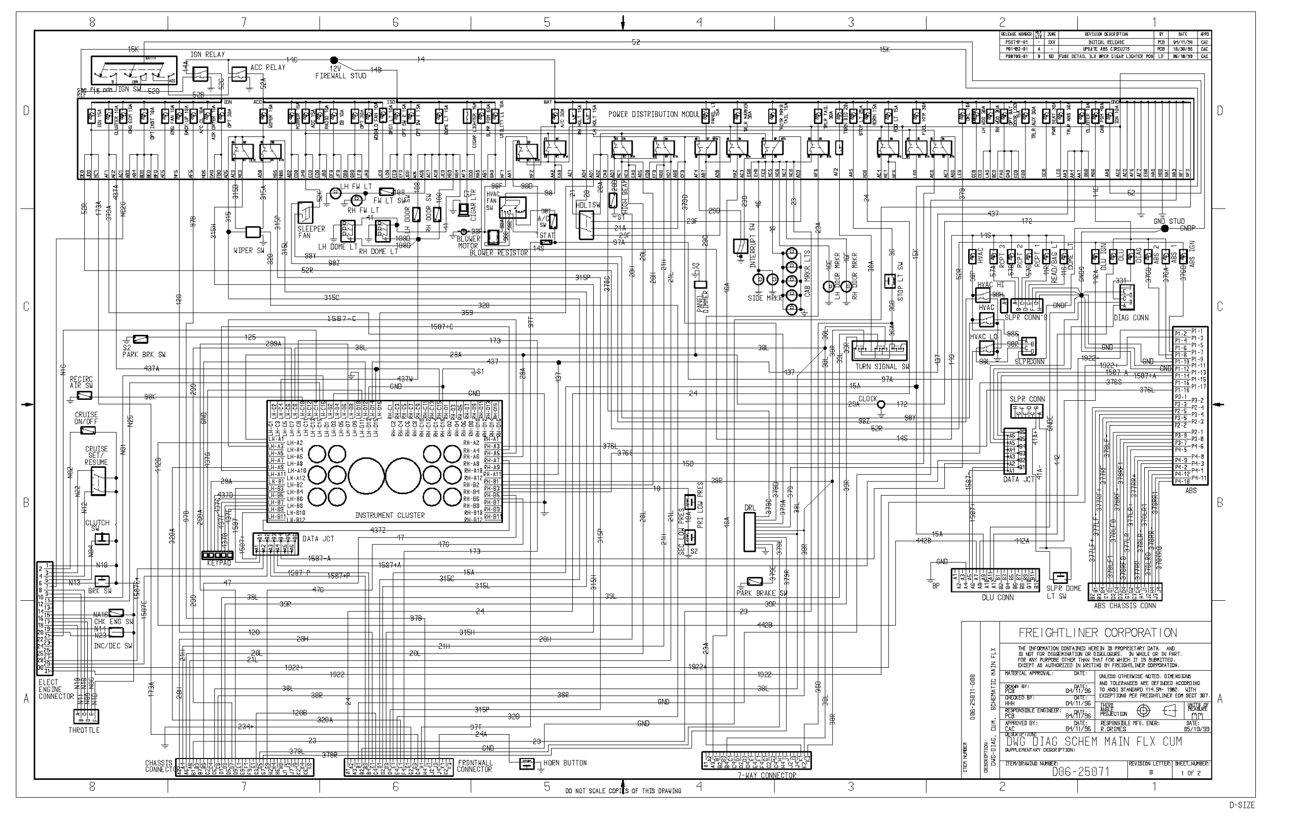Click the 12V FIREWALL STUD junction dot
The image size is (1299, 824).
(x=334, y=60)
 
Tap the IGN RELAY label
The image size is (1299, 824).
(x=207, y=54)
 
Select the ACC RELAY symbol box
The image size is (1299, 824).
(x=238, y=74)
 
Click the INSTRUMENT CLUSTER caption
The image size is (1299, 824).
(x=390, y=516)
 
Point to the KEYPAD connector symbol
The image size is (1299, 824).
(x=217, y=555)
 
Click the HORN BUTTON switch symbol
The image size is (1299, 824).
(x=527, y=764)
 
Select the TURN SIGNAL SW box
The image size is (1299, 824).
(x=879, y=350)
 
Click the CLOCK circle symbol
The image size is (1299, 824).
(x=881, y=404)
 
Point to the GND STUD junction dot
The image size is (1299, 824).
(x=1165, y=229)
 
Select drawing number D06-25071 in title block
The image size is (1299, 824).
(x=1081, y=772)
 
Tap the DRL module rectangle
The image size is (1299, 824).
(x=749, y=532)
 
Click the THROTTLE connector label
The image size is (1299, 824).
(x=84, y=730)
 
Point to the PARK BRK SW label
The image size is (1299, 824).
(x=144, y=355)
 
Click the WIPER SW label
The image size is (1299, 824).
(x=249, y=251)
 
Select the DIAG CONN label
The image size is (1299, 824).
(x=1131, y=318)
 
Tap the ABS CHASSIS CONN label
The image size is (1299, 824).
(x=1125, y=606)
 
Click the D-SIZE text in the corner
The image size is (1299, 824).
(x=1242, y=805)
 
